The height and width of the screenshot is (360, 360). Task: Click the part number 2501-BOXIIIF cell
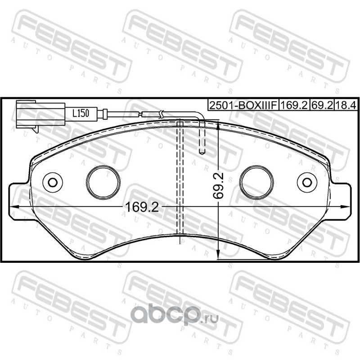click(x=243, y=105)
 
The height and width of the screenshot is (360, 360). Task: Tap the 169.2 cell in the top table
click(x=294, y=105)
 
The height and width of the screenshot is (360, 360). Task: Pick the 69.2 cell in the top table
click(x=322, y=105)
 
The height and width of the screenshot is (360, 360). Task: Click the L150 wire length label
click(x=81, y=113)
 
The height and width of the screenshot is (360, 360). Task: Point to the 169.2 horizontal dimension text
click(x=142, y=207)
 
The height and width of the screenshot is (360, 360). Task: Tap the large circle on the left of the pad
click(x=103, y=182)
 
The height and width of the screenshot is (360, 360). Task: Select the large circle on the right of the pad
click(x=256, y=182)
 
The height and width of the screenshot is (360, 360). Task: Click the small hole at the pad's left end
click(x=53, y=183)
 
